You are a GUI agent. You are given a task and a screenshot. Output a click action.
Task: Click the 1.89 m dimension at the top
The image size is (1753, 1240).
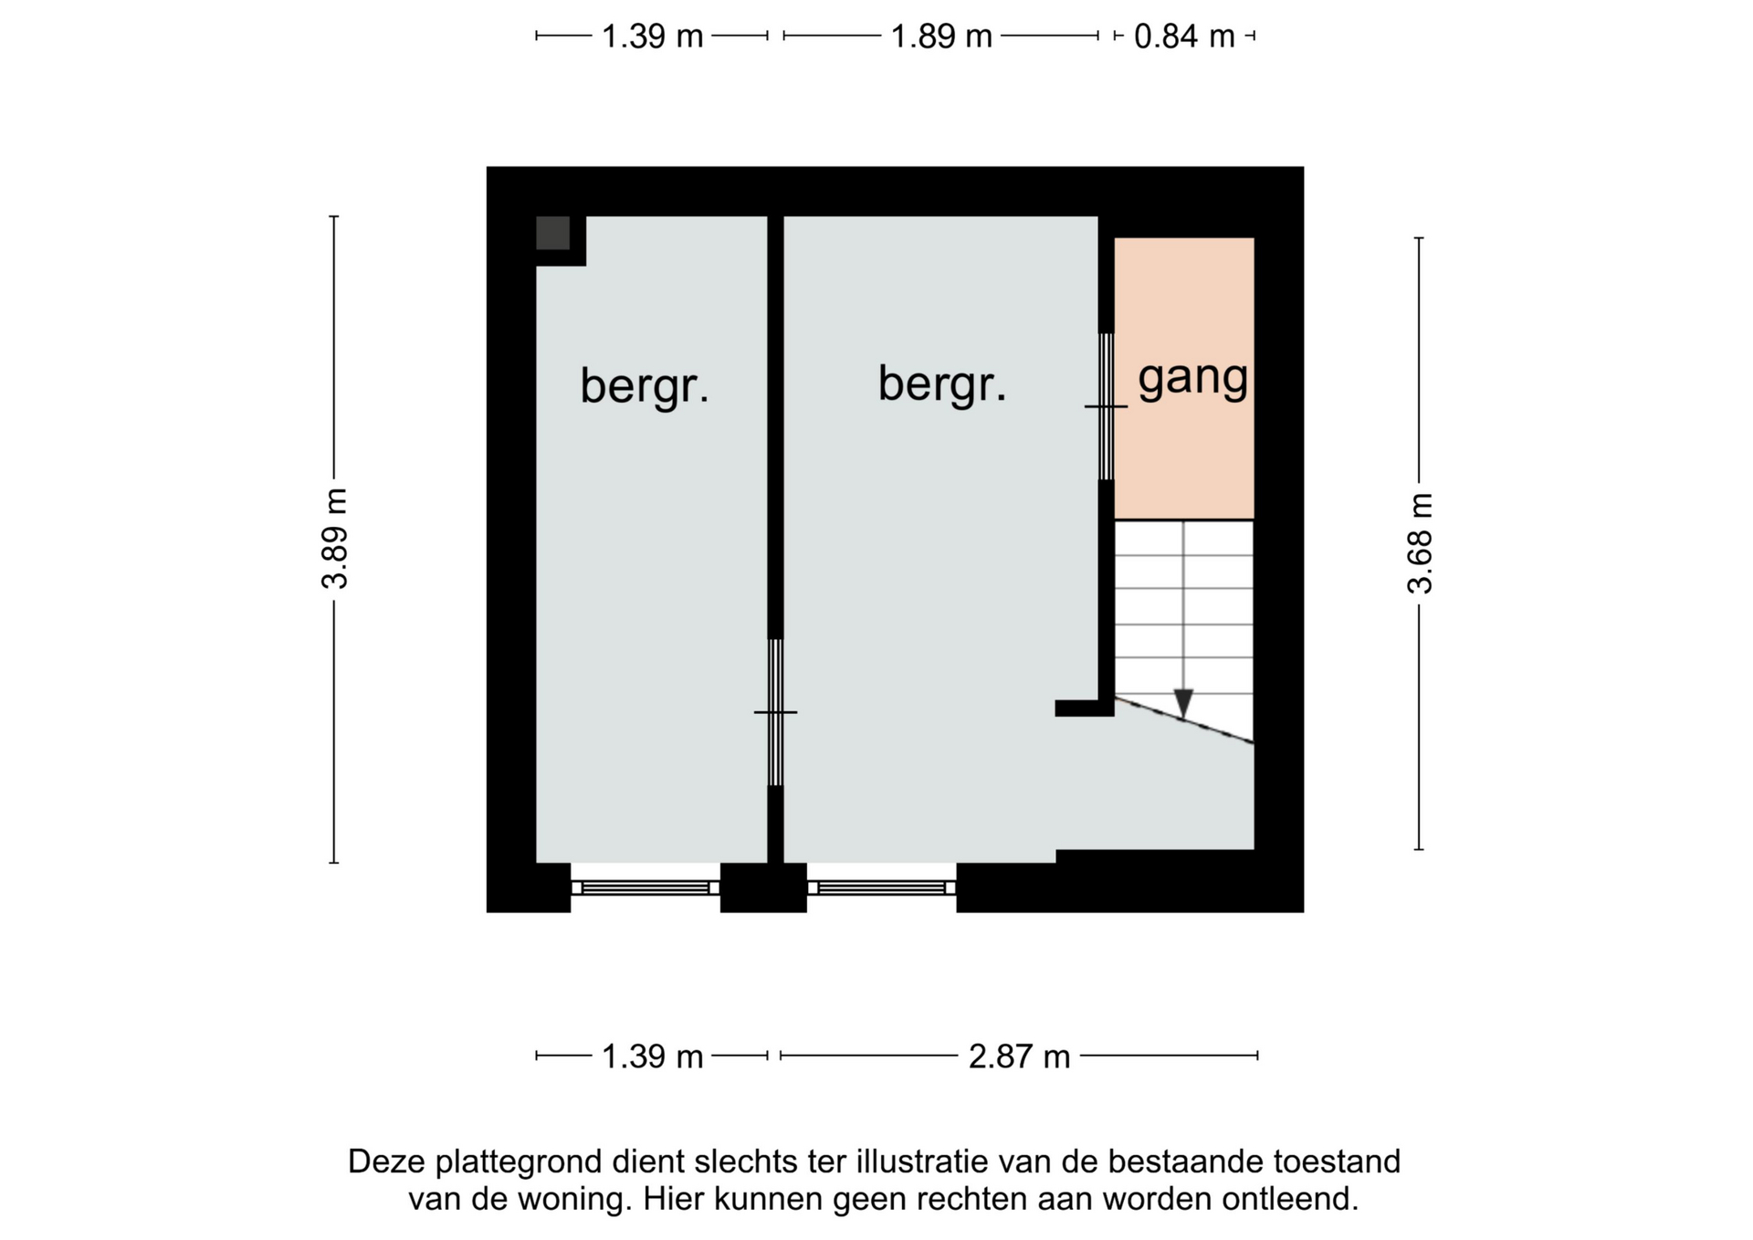point(941,37)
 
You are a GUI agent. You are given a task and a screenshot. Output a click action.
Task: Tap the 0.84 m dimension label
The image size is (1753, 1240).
point(1184,37)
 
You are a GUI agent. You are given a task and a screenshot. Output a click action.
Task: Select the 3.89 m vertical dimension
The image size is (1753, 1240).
point(335,539)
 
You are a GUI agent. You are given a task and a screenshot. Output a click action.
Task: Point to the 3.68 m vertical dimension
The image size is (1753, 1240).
point(1420,543)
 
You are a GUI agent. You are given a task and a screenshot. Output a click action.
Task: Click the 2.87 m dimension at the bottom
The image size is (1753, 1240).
point(1019,1056)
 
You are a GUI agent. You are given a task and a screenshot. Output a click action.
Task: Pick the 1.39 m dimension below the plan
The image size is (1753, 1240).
point(652,1056)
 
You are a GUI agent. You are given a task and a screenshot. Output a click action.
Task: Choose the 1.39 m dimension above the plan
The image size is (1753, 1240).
point(652,37)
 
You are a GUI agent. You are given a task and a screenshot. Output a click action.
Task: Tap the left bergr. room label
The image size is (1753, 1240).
point(645,386)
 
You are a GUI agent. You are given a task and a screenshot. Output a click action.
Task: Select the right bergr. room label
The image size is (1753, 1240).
point(942,384)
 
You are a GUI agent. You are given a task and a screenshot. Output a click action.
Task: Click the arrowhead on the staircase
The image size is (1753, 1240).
point(1183,704)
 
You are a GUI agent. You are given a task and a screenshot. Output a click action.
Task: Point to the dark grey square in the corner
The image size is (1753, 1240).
point(552,233)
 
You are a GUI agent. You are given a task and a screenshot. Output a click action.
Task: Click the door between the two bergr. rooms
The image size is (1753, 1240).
point(775,712)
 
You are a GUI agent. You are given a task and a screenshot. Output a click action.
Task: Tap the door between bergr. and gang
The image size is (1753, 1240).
point(1106,406)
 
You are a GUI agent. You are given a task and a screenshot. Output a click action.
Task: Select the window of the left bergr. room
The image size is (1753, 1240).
point(646,888)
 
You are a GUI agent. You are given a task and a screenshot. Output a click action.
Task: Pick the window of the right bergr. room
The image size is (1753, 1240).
point(881,888)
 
